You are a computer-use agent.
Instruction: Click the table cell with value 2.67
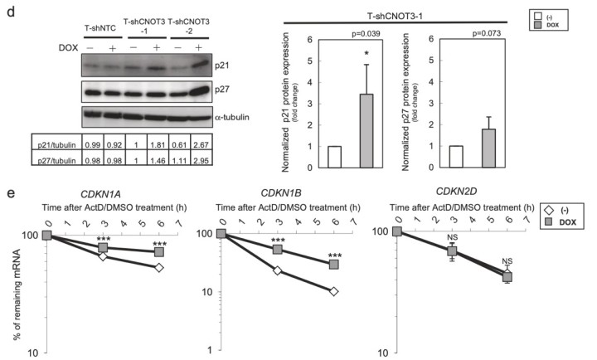pyautogui.click(x=201, y=144)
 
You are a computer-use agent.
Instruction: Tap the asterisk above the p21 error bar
pyautogui.click(x=366, y=56)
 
